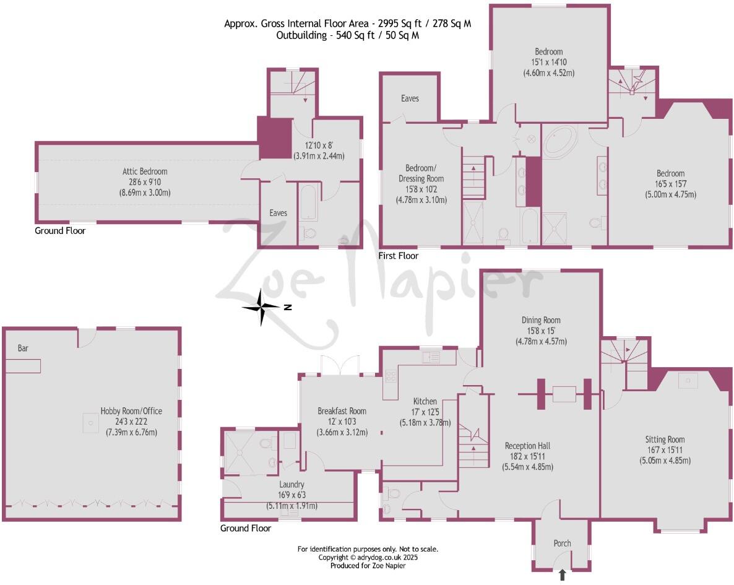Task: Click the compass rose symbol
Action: pos(263,307)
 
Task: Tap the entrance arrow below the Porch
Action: pos(562,575)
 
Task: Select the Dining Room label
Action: pos(541,320)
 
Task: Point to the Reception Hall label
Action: pos(527,446)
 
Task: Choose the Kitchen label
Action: pos(425,402)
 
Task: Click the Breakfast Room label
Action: pos(342,411)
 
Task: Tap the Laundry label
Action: pos(291,485)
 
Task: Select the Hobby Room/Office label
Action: pos(131,410)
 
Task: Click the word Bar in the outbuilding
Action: pos(23,349)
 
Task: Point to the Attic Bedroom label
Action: pos(144,171)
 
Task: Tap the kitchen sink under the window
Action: pos(430,357)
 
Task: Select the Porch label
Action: pos(562,544)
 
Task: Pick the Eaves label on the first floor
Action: pos(410,98)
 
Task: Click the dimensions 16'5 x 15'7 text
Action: pos(671,184)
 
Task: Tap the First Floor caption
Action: pos(399,256)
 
